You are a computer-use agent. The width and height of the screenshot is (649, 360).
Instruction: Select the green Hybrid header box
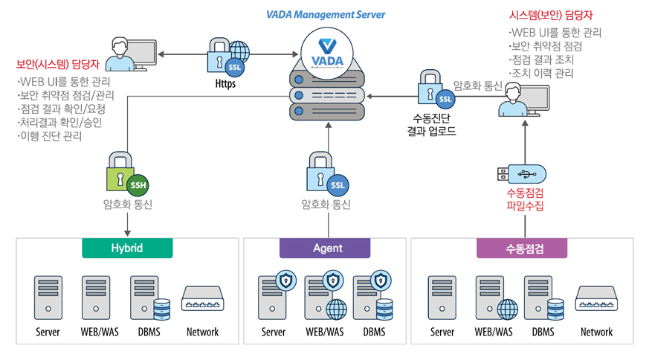[x=127, y=248]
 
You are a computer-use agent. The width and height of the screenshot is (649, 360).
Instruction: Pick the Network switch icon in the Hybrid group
[x=202, y=298]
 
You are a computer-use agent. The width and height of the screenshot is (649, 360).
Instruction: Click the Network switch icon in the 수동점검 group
[x=596, y=298]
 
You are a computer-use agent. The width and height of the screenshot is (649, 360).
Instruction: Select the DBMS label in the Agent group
[x=374, y=332]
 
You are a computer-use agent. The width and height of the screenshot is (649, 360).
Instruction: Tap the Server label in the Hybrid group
[x=48, y=332]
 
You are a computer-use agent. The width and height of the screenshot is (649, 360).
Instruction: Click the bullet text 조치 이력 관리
[x=542, y=74]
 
